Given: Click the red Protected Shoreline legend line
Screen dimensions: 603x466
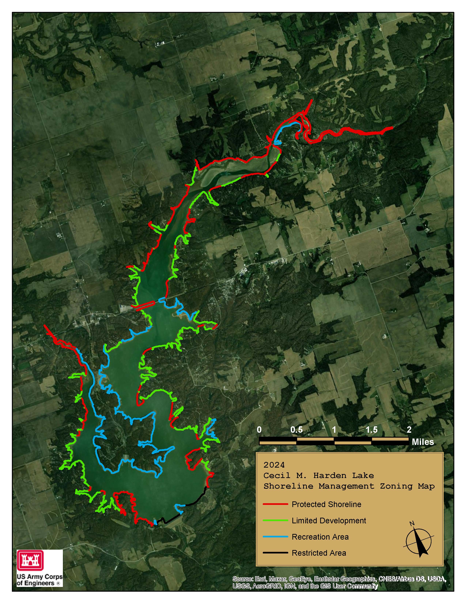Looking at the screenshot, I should tap(275, 504).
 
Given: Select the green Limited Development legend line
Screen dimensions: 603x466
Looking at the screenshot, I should tap(275, 520).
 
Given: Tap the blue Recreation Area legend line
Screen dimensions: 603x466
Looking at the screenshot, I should tap(275, 536).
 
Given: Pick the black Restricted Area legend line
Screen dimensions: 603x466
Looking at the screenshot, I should tap(275, 553).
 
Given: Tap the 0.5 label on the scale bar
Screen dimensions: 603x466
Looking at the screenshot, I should tap(296, 430).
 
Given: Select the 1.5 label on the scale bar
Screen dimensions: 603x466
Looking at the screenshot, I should tap(371, 430).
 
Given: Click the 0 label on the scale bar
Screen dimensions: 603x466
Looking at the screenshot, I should tap(259, 430).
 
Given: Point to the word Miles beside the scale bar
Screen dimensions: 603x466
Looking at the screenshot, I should tap(423, 442).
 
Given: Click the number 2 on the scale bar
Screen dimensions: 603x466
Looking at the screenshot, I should tap(409, 430).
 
